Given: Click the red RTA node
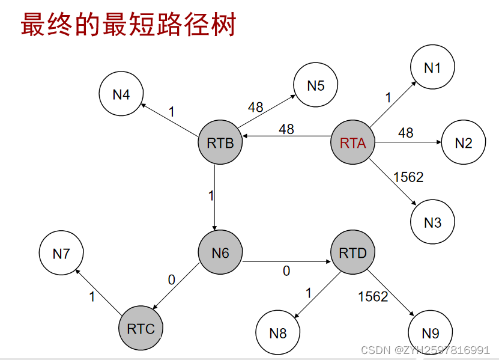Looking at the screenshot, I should point(353,142).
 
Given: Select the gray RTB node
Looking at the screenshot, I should point(220,142).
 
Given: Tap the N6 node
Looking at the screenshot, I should point(220,253).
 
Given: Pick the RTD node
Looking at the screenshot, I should point(353,253).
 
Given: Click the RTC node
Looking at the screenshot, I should point(141,328).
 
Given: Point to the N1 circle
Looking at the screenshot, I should point(432,68).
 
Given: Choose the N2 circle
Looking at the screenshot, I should point(464,142).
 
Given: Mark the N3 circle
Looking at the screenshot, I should point(432,222).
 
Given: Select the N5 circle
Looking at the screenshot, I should point(316,85).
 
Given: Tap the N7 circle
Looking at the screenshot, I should point(61,254).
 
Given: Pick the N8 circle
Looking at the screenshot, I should point(278,333).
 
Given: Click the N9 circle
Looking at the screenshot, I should point(431,333).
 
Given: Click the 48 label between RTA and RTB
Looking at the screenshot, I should point(286,129).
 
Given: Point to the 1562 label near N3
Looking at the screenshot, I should point(408,177).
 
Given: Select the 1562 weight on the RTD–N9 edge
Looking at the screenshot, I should point(373,296).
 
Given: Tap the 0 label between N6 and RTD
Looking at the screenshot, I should point(286,272).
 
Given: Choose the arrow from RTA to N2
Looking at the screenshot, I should point(408,142).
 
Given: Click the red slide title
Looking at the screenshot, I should point(128,25).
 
